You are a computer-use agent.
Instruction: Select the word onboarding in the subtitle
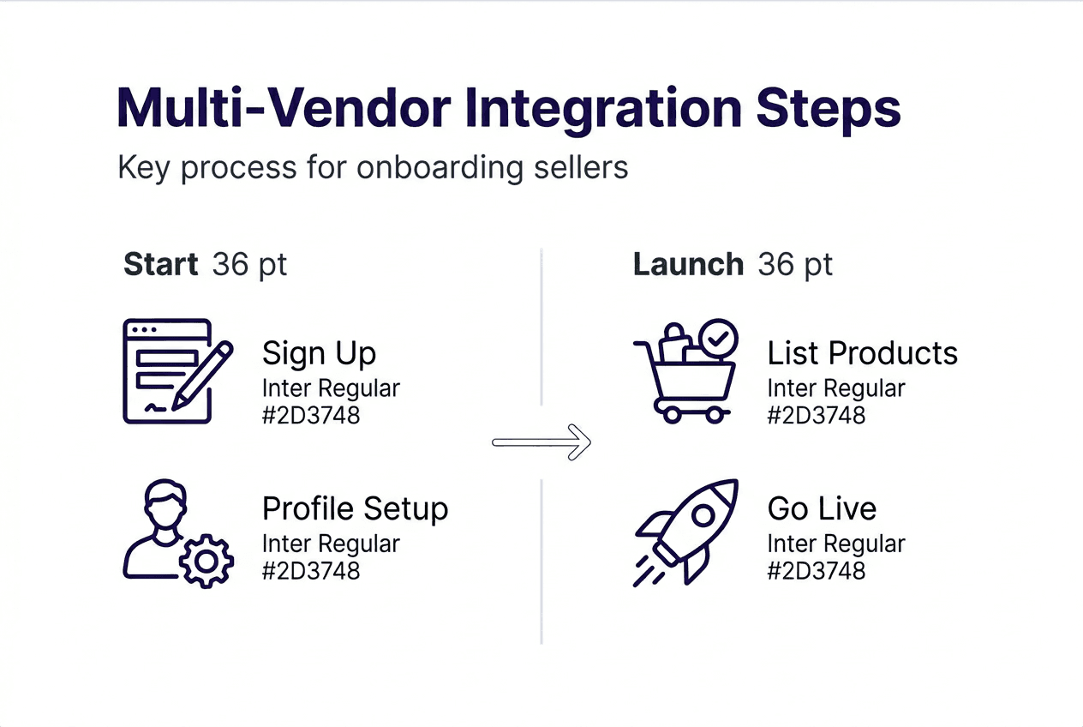tap(439, 167)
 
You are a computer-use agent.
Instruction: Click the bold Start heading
tap(161, 265)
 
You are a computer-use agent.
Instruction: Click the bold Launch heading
tap(688, 265)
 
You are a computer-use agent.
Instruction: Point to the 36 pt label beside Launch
tap(795, 265)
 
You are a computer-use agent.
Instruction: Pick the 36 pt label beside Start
tap(249, 265)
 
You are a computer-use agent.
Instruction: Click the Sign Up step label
tap(319, 353)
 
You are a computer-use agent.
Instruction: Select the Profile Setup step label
tap(355, 508)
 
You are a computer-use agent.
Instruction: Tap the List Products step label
tap(862, 353)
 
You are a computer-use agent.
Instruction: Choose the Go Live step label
tap(822, 508)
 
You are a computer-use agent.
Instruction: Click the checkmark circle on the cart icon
tap(717, 339)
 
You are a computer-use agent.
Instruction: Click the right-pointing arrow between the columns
tap(541, 442)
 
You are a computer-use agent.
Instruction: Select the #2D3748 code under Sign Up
tap(311, 416)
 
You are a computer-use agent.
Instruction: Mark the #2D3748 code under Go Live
tap(817, 570)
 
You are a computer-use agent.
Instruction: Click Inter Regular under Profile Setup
tap(331, 544)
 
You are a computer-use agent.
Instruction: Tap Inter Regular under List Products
tap(836, 388)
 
